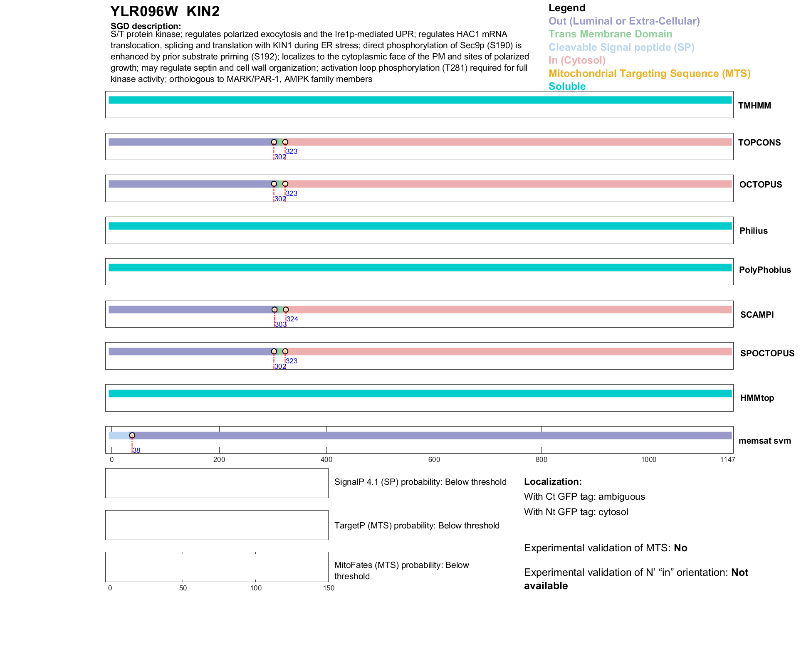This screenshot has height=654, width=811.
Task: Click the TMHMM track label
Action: [x=754, y=106]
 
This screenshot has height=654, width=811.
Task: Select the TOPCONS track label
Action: [x=759, y=143]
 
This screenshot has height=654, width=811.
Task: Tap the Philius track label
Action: [x=753, y=231]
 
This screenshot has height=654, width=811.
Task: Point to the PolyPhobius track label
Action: [x=764, y=270]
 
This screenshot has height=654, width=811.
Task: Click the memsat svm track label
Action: [x=764, y=441]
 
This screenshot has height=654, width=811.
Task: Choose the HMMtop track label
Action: [x=757, y=398]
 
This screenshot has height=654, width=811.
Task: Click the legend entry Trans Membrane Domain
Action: [x=610, y=34]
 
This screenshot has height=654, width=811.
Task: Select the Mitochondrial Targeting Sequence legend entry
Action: [x=649, y=74]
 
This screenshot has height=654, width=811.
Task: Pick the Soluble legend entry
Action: [x=567, y=86]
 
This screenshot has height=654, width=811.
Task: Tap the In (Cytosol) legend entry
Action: [x=577, y=60]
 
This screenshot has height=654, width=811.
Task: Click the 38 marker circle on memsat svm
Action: [x=132, y=435]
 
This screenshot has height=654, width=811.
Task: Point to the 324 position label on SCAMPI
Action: [x=292, y=319]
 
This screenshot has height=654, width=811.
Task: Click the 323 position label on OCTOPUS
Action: [x=292, y=193]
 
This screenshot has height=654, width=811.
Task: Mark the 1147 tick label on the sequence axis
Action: [x=727, y=459]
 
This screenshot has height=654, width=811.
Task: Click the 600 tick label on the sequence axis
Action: [x=434, y=459]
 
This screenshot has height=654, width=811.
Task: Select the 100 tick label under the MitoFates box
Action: [x=256, y=588]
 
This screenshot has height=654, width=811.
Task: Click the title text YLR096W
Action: [x=144, y=11]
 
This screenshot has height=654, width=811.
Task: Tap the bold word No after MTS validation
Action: [x=680, y=548]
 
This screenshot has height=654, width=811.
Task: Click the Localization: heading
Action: [x=553, y=481]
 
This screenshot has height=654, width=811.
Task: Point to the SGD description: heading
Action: [x=146, y=26]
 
